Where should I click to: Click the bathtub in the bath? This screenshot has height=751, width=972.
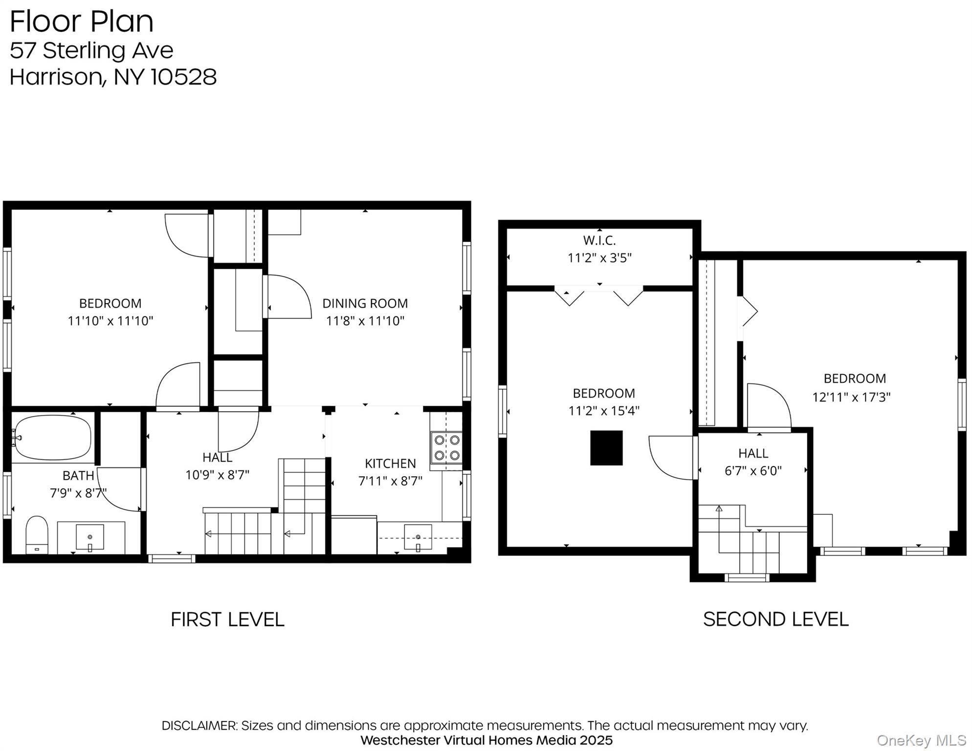[52, 438]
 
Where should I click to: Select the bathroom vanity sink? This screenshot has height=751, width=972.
[90, 537]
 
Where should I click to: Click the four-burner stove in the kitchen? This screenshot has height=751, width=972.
[446, 447]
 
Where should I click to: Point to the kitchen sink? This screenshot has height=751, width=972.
[418, 537]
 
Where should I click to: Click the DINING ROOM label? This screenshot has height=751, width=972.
[365, 304]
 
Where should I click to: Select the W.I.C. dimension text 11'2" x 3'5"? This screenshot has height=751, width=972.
[599, 258]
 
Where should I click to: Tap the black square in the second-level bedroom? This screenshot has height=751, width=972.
[606, 448]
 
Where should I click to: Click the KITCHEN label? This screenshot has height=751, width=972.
[390, 464]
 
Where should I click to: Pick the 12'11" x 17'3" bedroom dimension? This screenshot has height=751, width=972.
[851, 397]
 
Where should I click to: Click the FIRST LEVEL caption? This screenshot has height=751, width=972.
[227, 619]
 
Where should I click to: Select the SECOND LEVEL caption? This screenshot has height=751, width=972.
[775, 619]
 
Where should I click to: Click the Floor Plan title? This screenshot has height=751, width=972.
[82, 22]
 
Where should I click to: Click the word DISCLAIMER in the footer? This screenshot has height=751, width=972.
[199, 726]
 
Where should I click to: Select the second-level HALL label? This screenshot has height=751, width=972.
[753, 453]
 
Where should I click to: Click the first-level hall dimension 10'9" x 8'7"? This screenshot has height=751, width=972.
[217, 475]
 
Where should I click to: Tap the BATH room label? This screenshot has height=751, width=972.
[78, 476]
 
